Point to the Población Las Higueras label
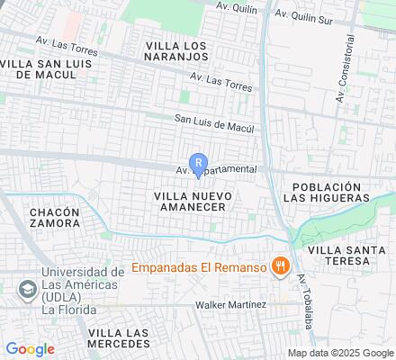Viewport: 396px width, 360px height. [x=326, y=192]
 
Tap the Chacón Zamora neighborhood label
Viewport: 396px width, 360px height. [x=54, y=219]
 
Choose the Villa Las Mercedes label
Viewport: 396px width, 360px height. [x=118, y=339]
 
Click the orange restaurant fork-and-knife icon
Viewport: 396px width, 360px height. [x=282, y=266]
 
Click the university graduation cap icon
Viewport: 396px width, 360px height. [x=26, y=289]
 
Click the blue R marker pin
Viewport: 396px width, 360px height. [x=199, y=165]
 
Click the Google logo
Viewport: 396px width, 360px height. [x=30, y=348]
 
